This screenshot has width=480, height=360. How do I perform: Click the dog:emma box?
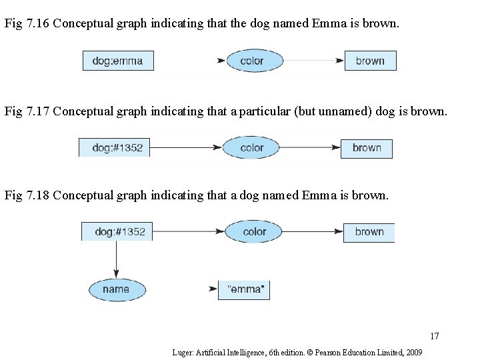pyautogui.click(x=118, y=61)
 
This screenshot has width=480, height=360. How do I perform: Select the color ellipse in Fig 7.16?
pyautogui.click(x=252, y=61)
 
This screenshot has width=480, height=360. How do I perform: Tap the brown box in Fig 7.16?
pyautogui.click(x=370, y=61)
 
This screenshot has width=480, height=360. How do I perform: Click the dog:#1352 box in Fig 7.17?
pyautogui.click(x=115, y=147)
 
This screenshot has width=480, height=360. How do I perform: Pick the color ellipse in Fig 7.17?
pyautogui.click(x=252, y=147)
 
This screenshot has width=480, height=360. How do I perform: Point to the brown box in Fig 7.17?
pyautogui.click(x=367, y=147)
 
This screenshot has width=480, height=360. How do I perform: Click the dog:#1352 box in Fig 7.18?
pyautogui.click(x=117, y=231)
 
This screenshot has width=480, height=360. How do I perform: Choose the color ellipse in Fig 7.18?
pyautogui.click(x=254, y=231)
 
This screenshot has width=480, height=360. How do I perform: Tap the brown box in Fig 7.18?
pyautogui.click(x=369, y=232)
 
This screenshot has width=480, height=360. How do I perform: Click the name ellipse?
pyautogui.click(x=117, y=289)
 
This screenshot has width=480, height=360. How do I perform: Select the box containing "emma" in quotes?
pyautogui.click(x=245, y=290)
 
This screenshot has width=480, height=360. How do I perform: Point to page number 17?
pyautogui.click(x=434, y=335)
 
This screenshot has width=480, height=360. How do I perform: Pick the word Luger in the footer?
pyautogui.click(x=181, y=351)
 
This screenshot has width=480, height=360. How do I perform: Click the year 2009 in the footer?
pyautogui.click(x=413, y=351)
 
